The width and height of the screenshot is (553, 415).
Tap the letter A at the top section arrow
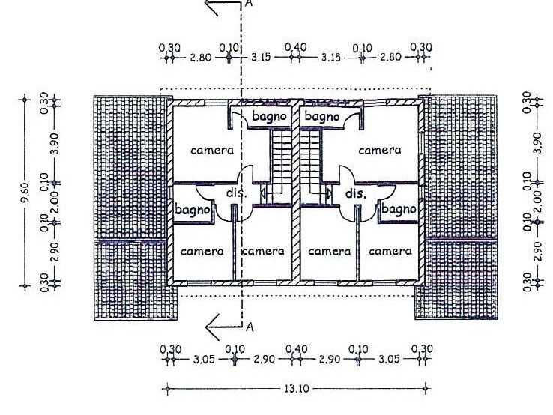click(x=250, y=4)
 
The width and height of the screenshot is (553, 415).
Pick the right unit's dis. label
click(x=355, y=193)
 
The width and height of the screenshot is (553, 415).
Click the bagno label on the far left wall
click(x=191, y=210)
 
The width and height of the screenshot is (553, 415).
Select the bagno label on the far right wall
click(x=398, y=210)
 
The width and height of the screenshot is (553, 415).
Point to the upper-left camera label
click(x=212, y=151)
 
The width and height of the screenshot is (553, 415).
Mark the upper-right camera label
click(x=379, y=151)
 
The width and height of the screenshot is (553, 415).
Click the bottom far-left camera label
click(x=202, y=252)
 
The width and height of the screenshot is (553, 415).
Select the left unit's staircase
click(x=281, y=160)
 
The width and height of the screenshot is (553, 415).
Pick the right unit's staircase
click(x=310, y=160)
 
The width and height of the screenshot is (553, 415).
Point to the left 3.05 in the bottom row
click(x=204, y=360)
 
